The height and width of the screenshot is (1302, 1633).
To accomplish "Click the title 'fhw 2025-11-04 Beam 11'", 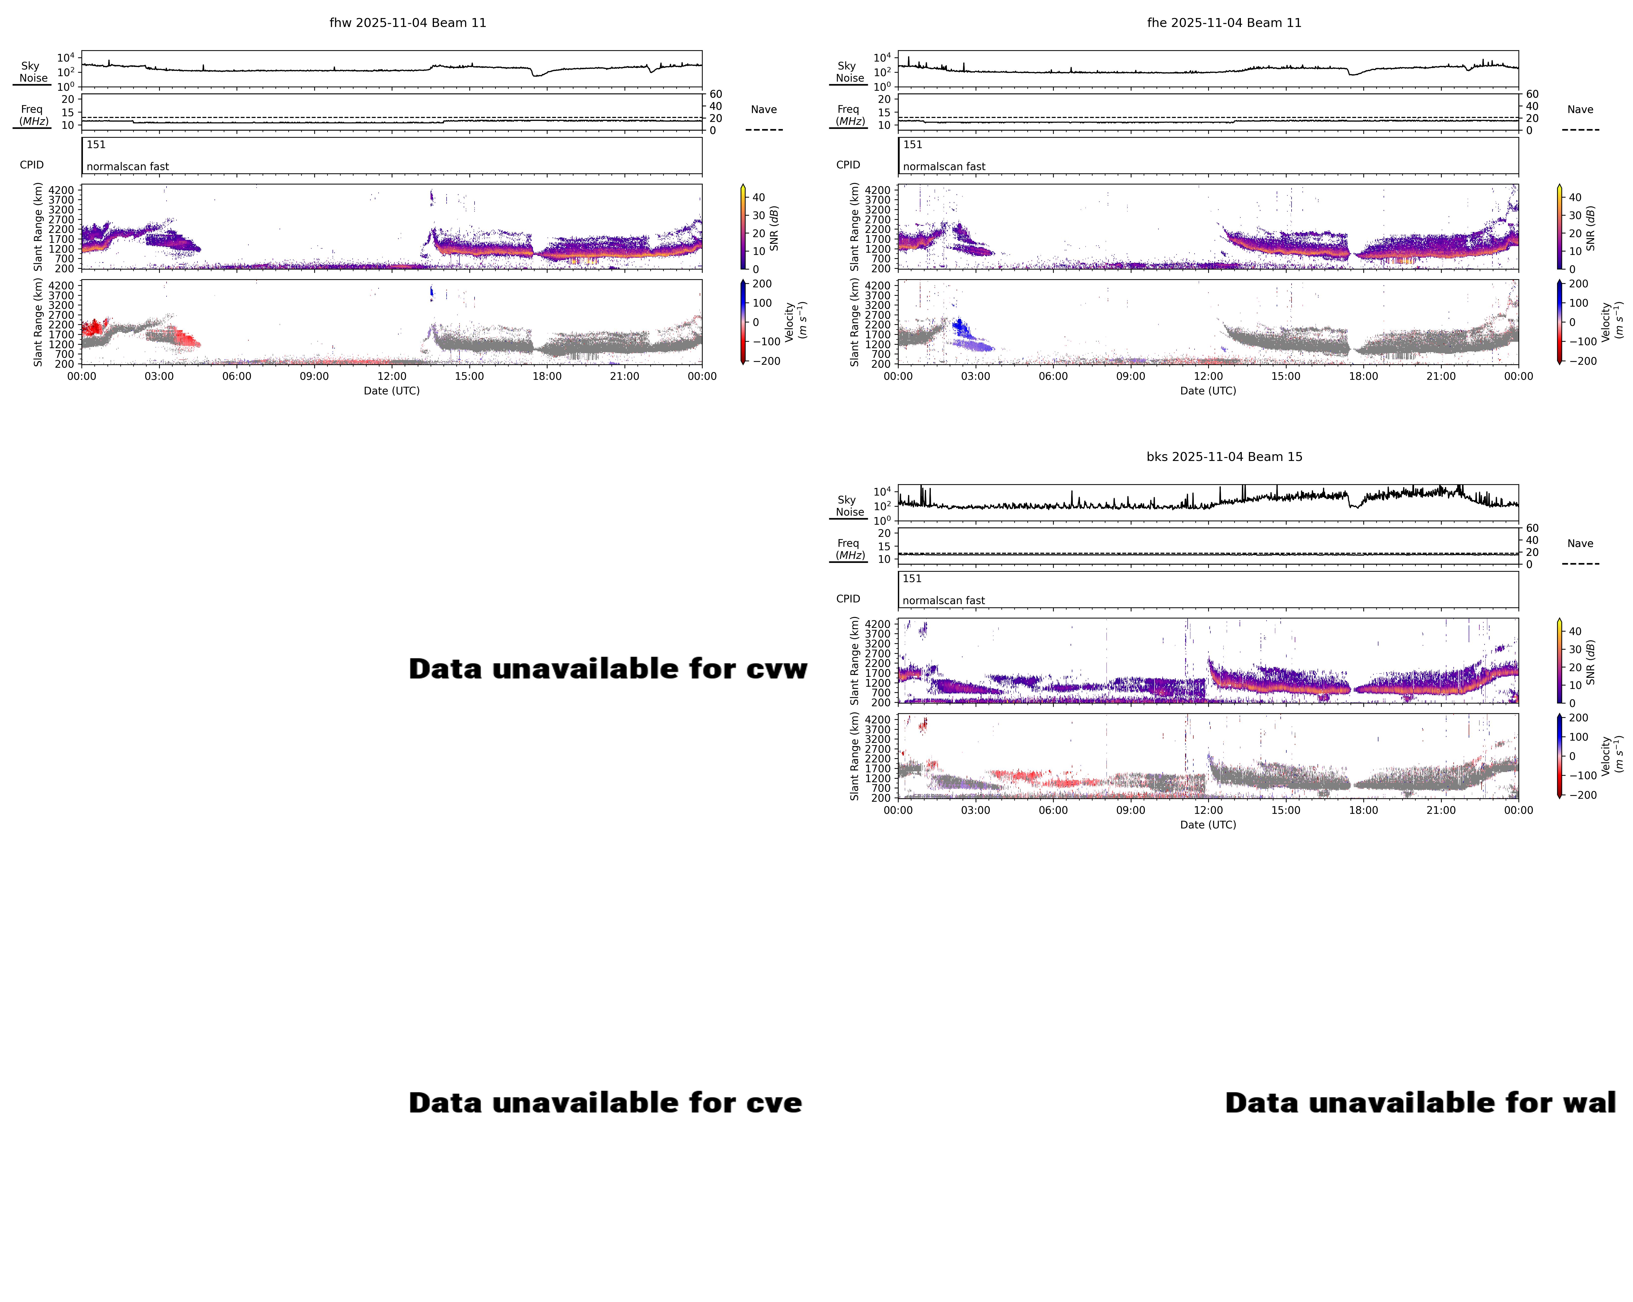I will [x=408, y=23].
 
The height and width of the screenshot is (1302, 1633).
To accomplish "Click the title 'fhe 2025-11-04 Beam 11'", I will [x=1224, y=23].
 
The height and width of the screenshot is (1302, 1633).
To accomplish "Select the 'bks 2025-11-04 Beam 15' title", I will [x=1224, y=457].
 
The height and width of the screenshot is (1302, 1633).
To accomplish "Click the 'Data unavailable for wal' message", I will [x=1420, y=1103].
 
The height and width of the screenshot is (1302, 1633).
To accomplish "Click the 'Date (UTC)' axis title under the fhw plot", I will [x=392, y=391].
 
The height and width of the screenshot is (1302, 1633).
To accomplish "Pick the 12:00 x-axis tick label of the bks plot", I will [x=1208, y=810].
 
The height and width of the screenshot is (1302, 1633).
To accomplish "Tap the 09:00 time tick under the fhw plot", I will [x=314, y=376].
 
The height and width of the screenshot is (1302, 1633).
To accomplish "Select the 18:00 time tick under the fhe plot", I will [x=1363, y=376].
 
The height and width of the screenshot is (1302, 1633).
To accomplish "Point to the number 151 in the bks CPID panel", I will [x=912, y=578].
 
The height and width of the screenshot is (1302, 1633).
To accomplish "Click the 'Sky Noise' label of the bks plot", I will [x=849, y=506].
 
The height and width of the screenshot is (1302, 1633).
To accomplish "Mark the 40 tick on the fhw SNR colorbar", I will [x=758, y=198].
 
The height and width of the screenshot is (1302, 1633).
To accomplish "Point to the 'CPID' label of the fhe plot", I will [x=848, y=165].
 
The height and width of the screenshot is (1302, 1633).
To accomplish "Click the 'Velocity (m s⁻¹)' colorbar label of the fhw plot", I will [x=795, y=321].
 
